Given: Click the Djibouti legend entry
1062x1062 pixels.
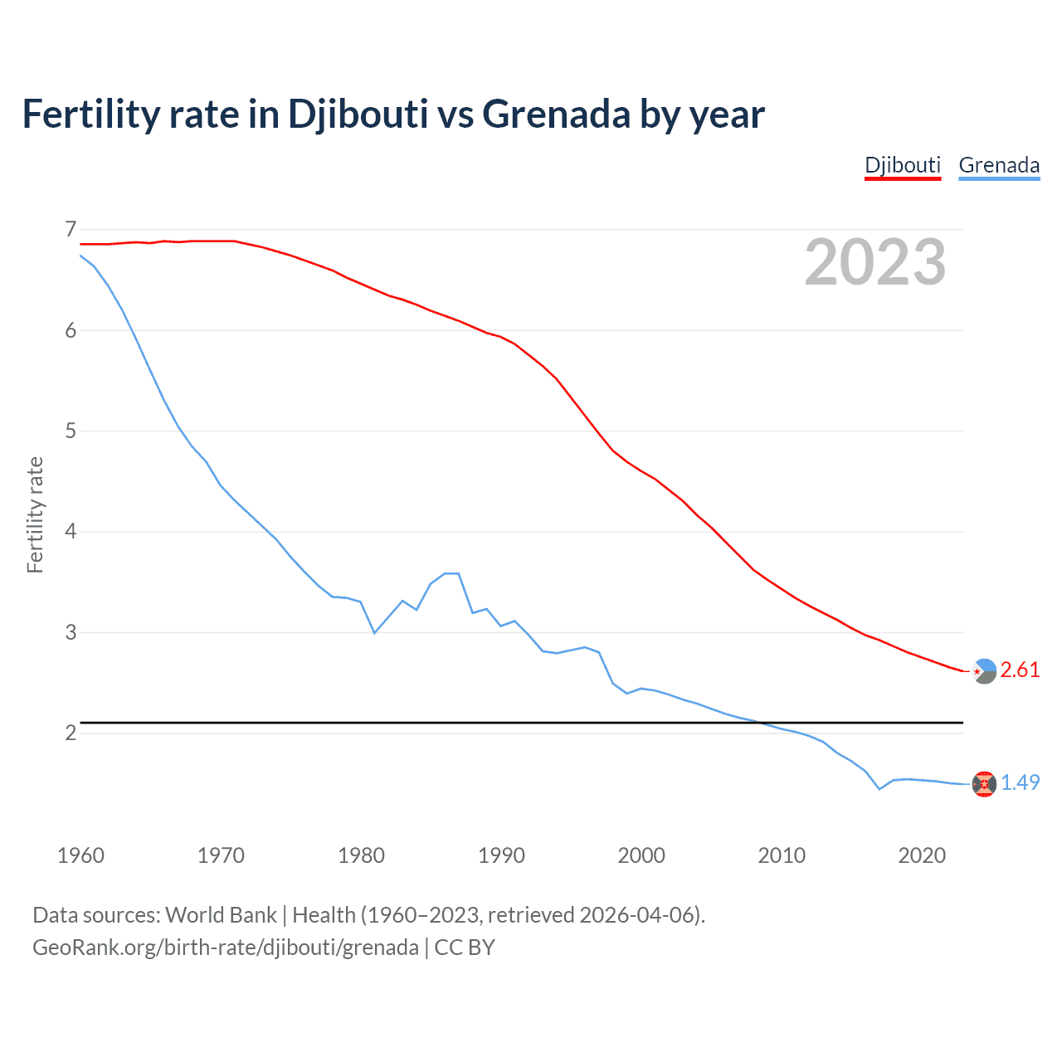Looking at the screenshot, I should click(903, 165).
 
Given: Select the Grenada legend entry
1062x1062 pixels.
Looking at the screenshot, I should click(999, 165).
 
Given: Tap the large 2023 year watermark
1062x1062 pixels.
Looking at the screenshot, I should click(874, 262).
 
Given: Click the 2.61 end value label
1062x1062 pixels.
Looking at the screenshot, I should click(1020, 670).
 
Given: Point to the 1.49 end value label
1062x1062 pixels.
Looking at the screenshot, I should click(1020, 782).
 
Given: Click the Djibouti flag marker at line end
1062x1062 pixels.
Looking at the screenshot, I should click(984, 671).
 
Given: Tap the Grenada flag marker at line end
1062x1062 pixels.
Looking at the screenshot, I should click(984, 783).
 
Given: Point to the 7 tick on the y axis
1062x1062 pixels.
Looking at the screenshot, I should click(71, 229).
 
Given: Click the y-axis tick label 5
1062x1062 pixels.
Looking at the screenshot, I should click(71, 431).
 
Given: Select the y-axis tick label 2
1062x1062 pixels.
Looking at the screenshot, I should click(71, 733).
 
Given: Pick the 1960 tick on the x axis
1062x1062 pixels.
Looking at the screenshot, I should click(80, 855).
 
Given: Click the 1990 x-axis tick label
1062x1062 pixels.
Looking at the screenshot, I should click(501, 855).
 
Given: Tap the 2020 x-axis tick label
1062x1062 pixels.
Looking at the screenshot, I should click(922, 855).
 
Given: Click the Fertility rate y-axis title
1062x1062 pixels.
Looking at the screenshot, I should click(35, 514).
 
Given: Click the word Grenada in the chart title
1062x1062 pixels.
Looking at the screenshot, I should click(557, 114).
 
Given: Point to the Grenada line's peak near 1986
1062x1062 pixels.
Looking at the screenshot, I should click(452, 573).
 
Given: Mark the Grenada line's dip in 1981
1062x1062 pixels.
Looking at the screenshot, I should click(375, 633).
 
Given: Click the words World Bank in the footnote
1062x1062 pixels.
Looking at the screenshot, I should click(221, 915).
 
